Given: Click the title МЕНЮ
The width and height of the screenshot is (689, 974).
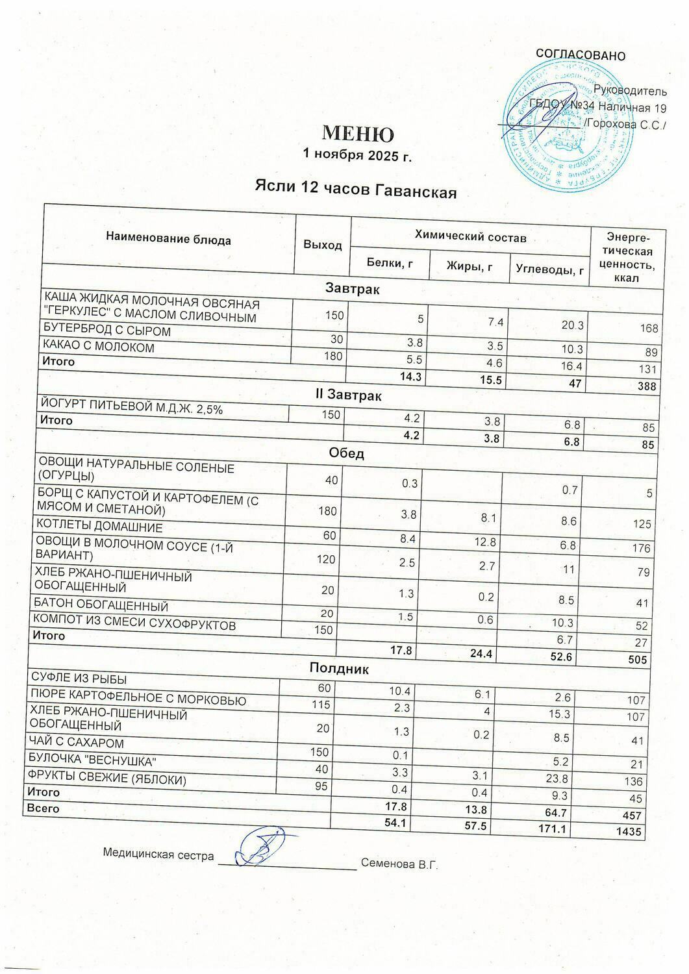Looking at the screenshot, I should [x=358, y=134].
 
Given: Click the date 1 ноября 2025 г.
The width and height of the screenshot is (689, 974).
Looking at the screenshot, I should [x=357, y=156].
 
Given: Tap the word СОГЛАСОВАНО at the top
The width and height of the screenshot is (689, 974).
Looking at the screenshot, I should [x=580, y=55].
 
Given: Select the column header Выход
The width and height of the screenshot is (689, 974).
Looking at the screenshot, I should [x=322, y=245].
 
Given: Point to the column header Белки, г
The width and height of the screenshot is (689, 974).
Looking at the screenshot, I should [x=390, y=263].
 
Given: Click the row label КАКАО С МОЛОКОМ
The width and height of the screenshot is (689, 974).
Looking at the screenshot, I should [x=98, y=347].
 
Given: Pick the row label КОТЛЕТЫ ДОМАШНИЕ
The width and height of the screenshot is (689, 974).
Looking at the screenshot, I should [x=99, y=527].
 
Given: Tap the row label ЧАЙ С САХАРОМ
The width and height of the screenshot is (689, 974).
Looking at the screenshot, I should [x=77, y=743].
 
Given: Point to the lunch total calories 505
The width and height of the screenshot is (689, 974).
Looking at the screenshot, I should [x=638, y=660].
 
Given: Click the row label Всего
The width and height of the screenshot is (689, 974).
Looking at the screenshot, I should [x=42, y=808].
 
